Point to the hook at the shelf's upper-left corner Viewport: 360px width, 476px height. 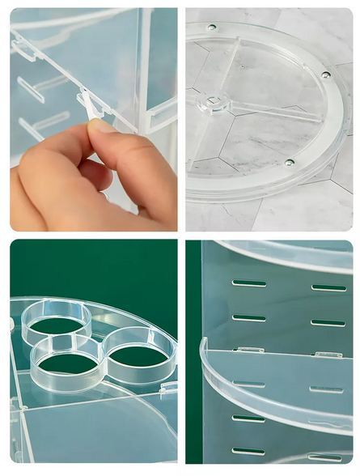point(23,50)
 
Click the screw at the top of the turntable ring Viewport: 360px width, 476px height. point(213,28)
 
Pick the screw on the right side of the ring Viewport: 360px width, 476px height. point(326,75)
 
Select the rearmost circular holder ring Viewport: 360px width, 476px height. point(57,320)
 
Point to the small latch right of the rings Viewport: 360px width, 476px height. point(167,389)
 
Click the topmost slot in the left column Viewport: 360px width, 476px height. point(248,283)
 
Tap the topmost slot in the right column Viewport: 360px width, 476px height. point(328,287)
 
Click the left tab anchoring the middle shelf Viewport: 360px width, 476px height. point(249,350)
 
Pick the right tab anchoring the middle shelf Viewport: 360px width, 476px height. point(328,354)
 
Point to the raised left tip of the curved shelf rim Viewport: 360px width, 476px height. point(204,345)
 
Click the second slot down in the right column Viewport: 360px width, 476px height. point(328,322)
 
